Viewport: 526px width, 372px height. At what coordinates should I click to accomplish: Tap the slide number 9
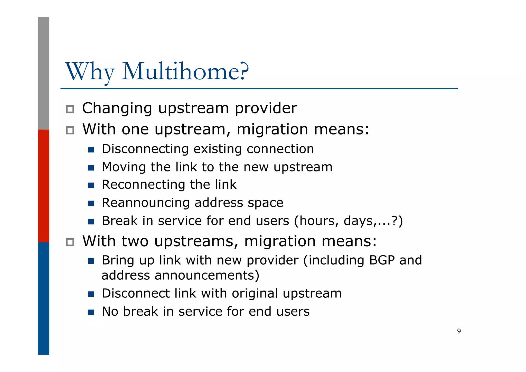tap(459, 331)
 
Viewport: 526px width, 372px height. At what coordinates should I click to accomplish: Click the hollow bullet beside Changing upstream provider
tap(70, 109)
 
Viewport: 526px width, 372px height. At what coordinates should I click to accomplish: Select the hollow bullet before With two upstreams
tap(70, 242)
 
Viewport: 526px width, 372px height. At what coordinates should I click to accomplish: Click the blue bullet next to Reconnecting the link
tap(91, 185)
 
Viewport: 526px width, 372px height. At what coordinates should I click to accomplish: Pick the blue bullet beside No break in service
tap(91, 312)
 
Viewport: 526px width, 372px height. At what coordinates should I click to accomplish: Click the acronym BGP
tap(382, 260)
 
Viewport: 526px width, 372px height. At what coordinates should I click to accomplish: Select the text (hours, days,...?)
tap(348, 221)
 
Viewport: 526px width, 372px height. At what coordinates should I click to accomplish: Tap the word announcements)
tap(207, 275)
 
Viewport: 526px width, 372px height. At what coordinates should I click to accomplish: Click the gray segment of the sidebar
tap(44, 73)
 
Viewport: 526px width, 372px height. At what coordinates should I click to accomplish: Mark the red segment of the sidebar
tap(44, 186)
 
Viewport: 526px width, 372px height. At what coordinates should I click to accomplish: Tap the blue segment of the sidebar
tap(44, 298)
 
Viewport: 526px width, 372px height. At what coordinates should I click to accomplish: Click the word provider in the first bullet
tap(266, 108)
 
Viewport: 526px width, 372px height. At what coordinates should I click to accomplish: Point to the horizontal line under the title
tap(259, 88)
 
